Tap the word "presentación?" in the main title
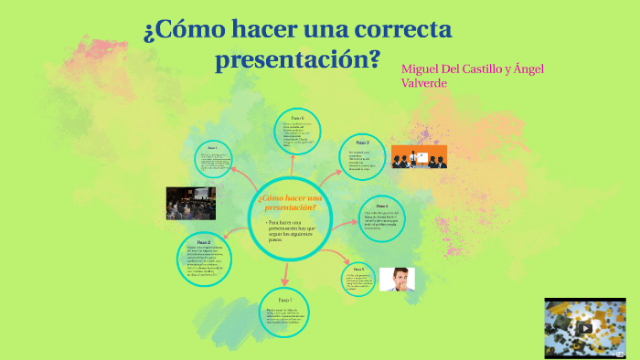(x=297, y=61)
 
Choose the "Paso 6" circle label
(x=297, y=118)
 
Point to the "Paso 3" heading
(x=362, y=143)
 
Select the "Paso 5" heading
(x=358, y=269)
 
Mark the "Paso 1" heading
(x=211, y=147)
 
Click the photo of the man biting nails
(x=397, y=279)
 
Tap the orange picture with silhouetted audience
(x=419, y=157)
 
